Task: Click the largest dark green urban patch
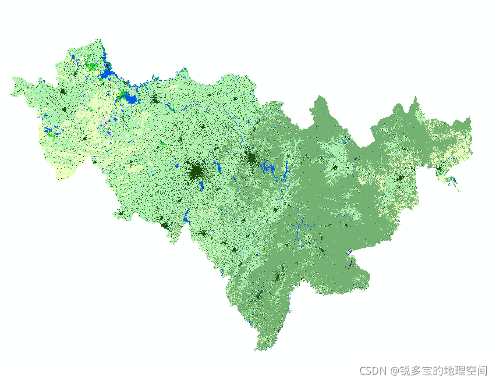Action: [x=196, y=172]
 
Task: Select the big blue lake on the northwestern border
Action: [x=108, y=74]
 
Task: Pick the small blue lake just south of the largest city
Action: [x=201, y=187]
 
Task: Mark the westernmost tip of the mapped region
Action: [x=12, y=93]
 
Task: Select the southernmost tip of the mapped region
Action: [x=257, y=350]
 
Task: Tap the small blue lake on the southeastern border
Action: [x=350, y=257]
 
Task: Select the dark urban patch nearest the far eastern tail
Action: [x=440, y=169]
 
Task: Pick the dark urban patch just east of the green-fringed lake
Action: [x=155, y=99]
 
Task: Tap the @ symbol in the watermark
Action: [x=394, y=371]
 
